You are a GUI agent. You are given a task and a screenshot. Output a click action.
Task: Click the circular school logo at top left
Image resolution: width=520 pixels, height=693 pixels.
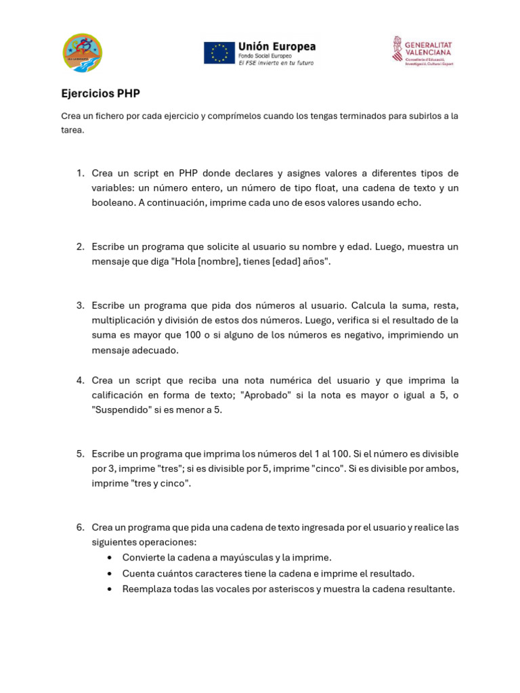(82, 53)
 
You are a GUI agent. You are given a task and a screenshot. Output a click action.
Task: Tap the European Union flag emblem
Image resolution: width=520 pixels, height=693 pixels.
(219, 53)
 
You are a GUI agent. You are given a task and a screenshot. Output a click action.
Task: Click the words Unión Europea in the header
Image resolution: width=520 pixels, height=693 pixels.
(277, 47)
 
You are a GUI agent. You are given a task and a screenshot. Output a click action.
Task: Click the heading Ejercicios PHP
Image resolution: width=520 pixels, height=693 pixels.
(100, 93)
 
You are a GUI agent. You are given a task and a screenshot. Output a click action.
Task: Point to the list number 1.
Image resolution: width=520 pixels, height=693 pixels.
(79, 173)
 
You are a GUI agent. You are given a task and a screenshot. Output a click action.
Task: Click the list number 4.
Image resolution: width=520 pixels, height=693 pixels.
(79, 380)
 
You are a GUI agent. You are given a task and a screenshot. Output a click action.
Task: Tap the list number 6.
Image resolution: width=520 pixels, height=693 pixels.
(79, 527)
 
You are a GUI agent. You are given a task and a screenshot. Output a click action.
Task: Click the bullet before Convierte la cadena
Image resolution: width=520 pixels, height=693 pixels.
(110, 558)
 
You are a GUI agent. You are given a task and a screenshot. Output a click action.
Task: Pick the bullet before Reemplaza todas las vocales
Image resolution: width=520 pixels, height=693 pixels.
(110, 589)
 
